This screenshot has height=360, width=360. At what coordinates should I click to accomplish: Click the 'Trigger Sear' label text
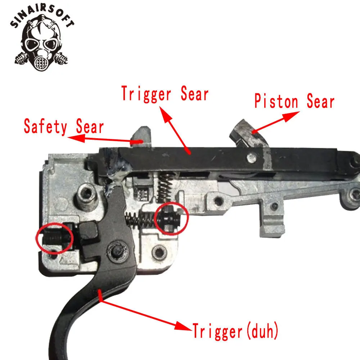[165, 94]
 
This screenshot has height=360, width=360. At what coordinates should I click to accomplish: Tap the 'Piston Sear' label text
[294, 101]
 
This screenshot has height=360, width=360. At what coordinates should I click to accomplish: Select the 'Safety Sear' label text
[64, 126]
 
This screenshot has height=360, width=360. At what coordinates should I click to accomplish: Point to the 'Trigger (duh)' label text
[235, 331]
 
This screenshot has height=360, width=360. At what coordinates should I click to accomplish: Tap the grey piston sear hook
[249, 135]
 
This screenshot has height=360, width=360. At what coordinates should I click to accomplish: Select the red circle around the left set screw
[55, 238]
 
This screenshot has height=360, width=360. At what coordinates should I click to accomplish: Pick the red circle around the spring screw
[171, 219]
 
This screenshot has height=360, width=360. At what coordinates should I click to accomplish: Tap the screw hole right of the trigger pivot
[159, 252]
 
